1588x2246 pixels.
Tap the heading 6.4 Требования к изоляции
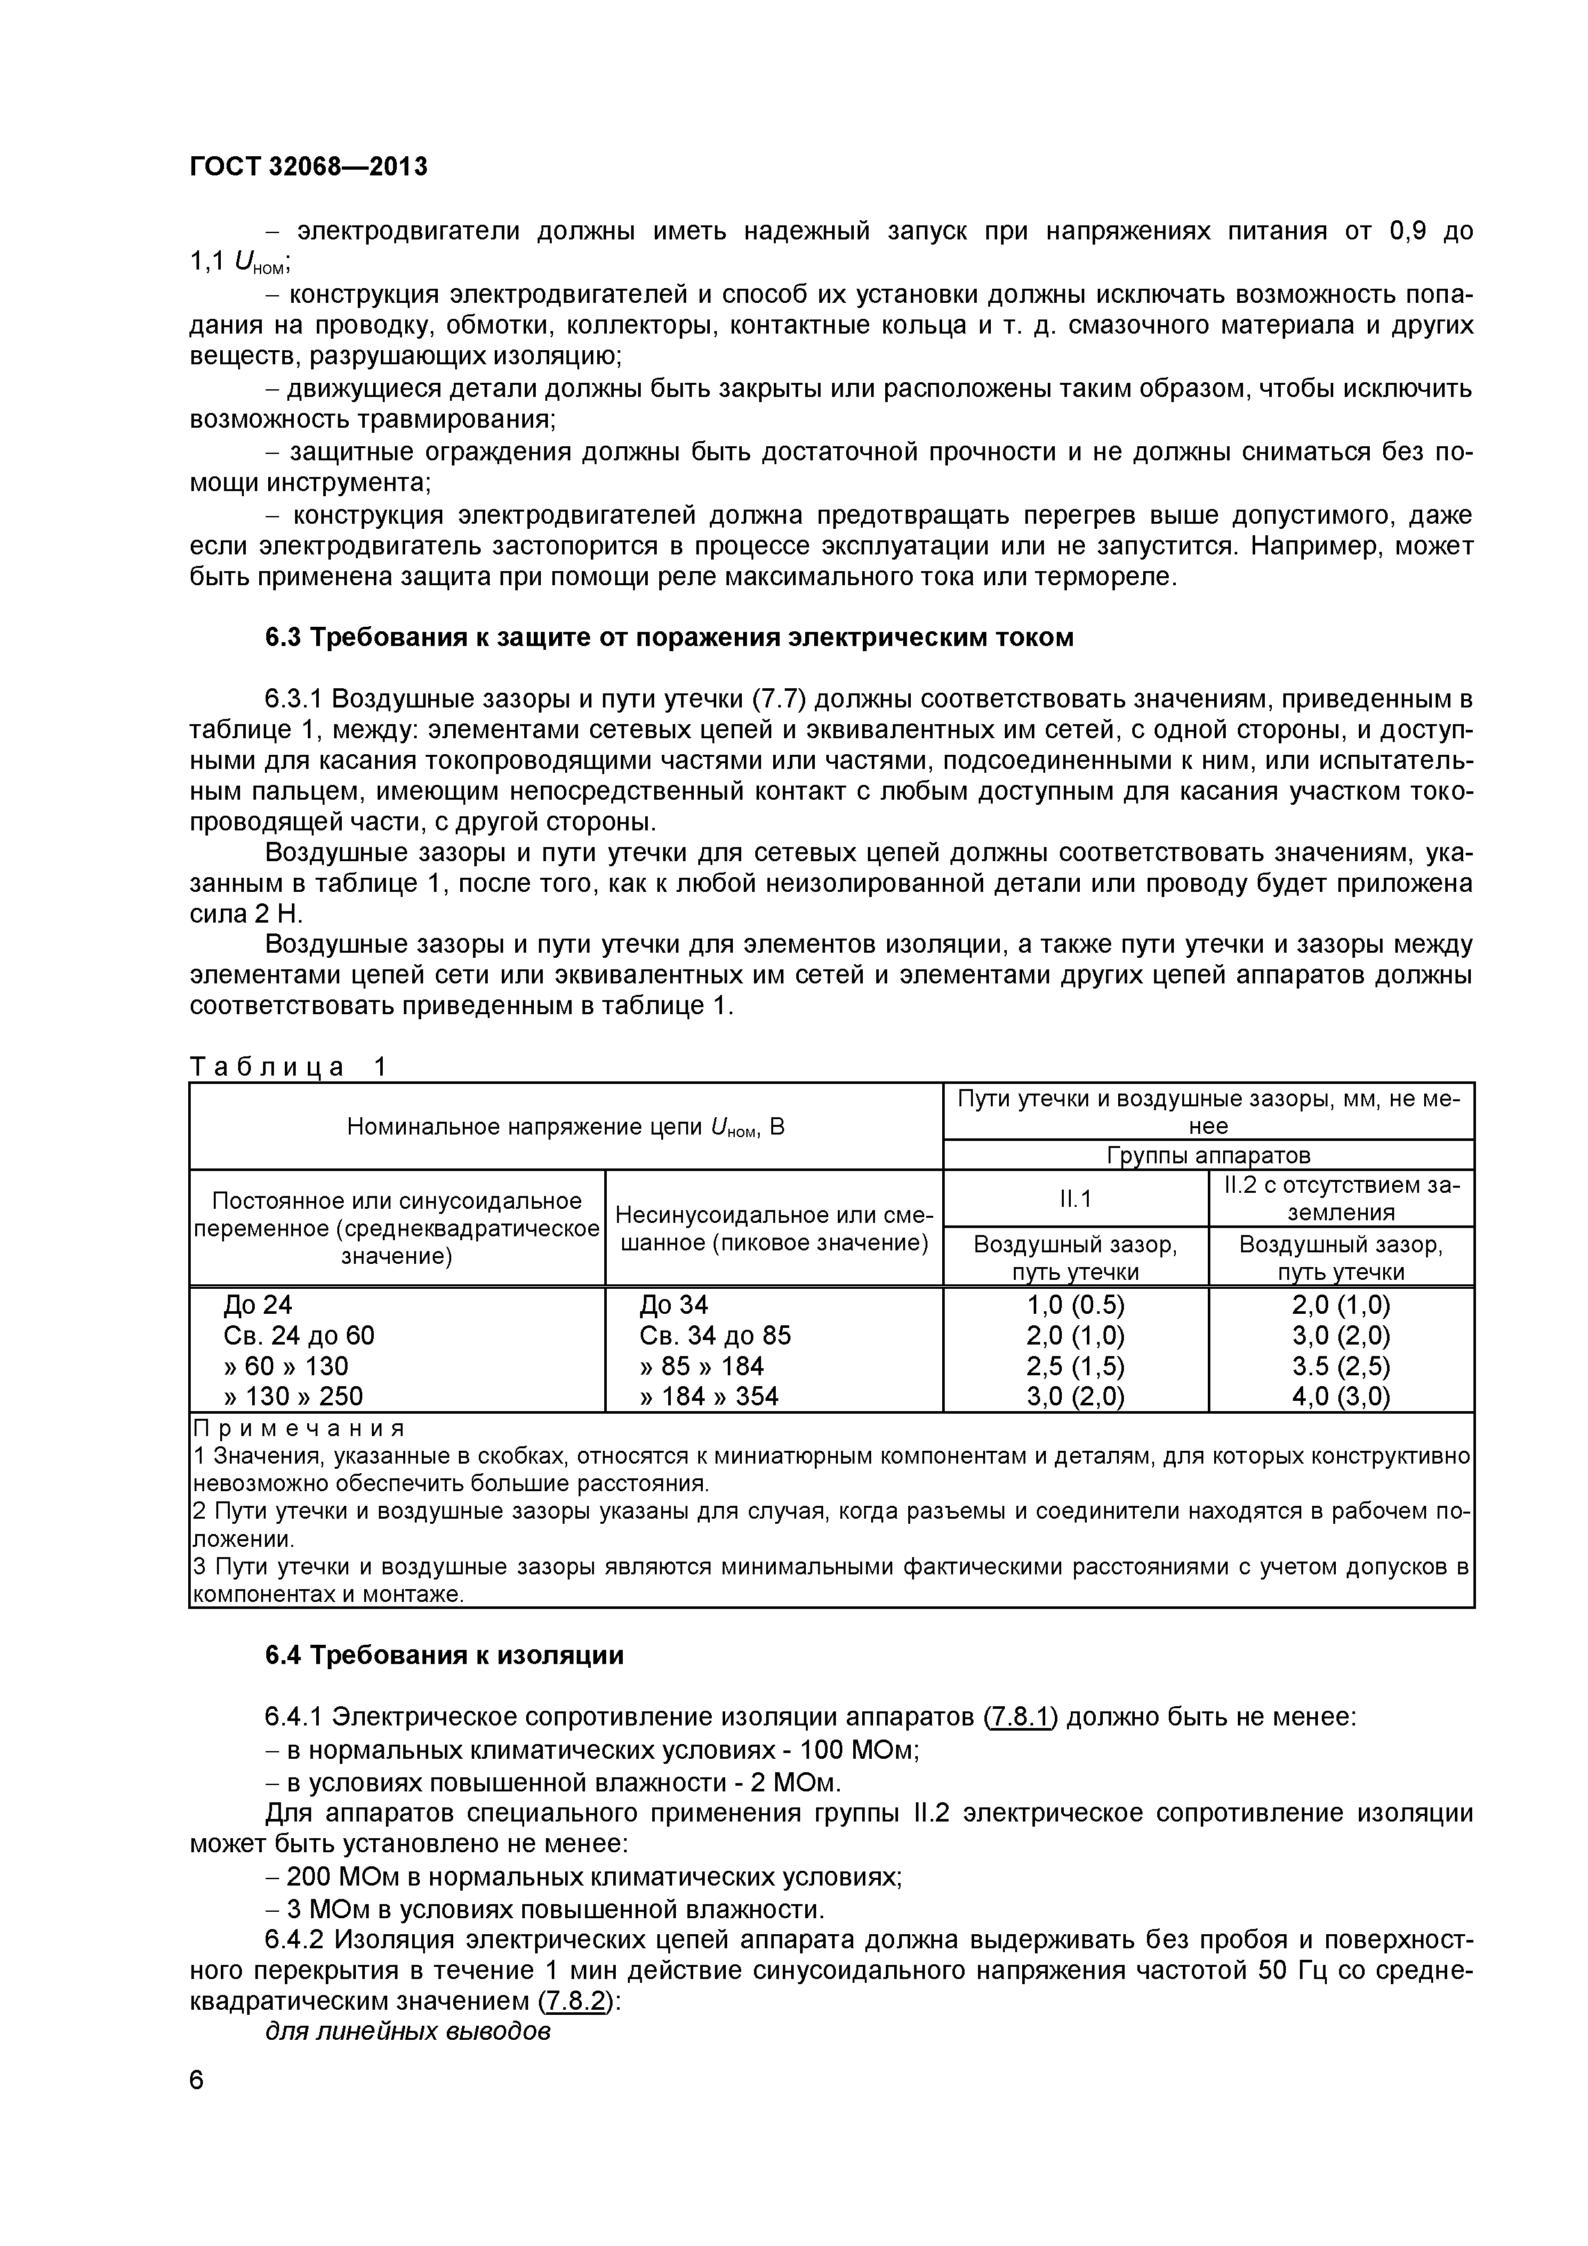coord(444,1655)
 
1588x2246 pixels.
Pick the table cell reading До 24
coord(257,1305)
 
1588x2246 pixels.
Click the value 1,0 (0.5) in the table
coord(1075,1305)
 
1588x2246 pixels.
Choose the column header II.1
coord(1075,1199)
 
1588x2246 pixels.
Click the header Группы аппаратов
coord(1208,1155)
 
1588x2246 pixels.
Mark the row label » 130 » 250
coord(293,1396)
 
